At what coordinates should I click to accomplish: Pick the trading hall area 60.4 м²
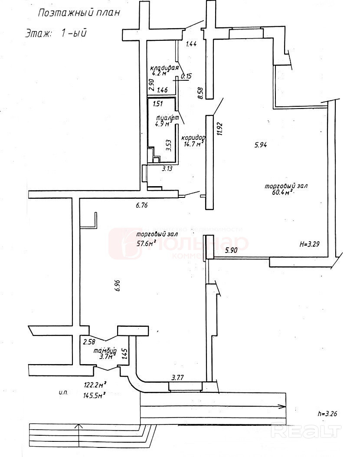click(x=280, y=192)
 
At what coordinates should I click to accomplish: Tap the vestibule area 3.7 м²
click(x=106, y=357)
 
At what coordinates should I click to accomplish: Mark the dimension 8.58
click(x=200, y=93)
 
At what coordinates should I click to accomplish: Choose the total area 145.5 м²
click(x=95, y=395)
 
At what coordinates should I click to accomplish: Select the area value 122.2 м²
click(x=95, y=384)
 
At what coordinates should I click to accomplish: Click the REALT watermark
click(x=305, y=431)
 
